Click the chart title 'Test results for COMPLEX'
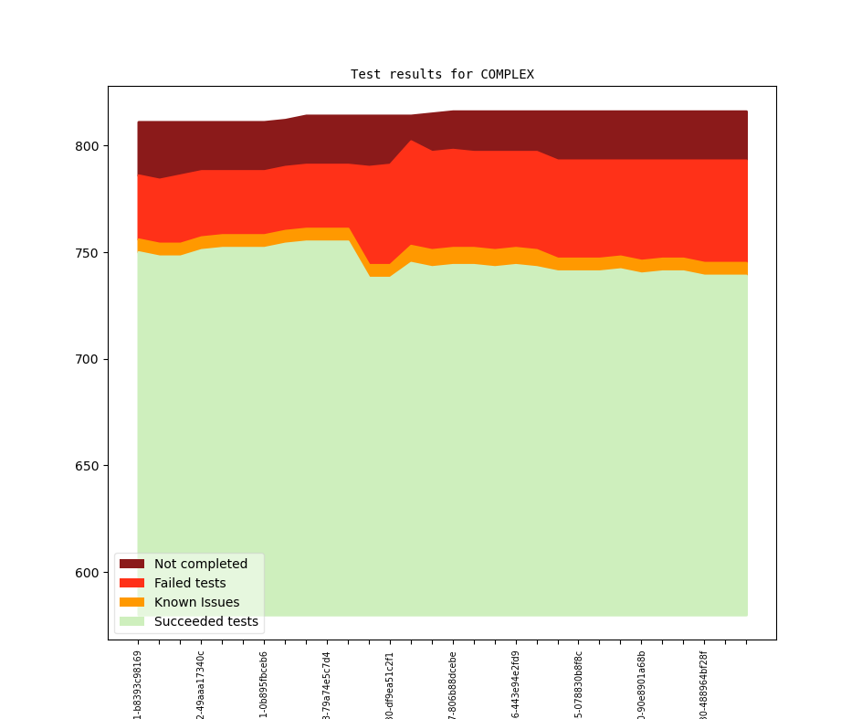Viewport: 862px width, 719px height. click(442, 74)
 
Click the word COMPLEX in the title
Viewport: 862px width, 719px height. click(507, 74)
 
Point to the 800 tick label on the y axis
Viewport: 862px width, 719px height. click(87, 146)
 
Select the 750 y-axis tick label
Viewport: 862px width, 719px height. click(87, 253)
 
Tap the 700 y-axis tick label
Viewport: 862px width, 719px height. click(87, 359)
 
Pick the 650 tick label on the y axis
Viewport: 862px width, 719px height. click(87, 466)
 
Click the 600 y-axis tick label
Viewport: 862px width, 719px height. click(87, 573)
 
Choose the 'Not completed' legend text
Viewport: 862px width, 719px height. click(201, 564)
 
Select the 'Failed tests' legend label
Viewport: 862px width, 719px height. click(190, 583)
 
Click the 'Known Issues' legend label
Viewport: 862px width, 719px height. click(196, 602)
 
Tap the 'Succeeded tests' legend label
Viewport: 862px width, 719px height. click(206, 621)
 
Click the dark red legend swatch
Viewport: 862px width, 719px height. click(132, 564)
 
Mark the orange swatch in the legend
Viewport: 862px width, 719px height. click(132, 602)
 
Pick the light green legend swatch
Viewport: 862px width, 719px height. click(132, 621)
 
